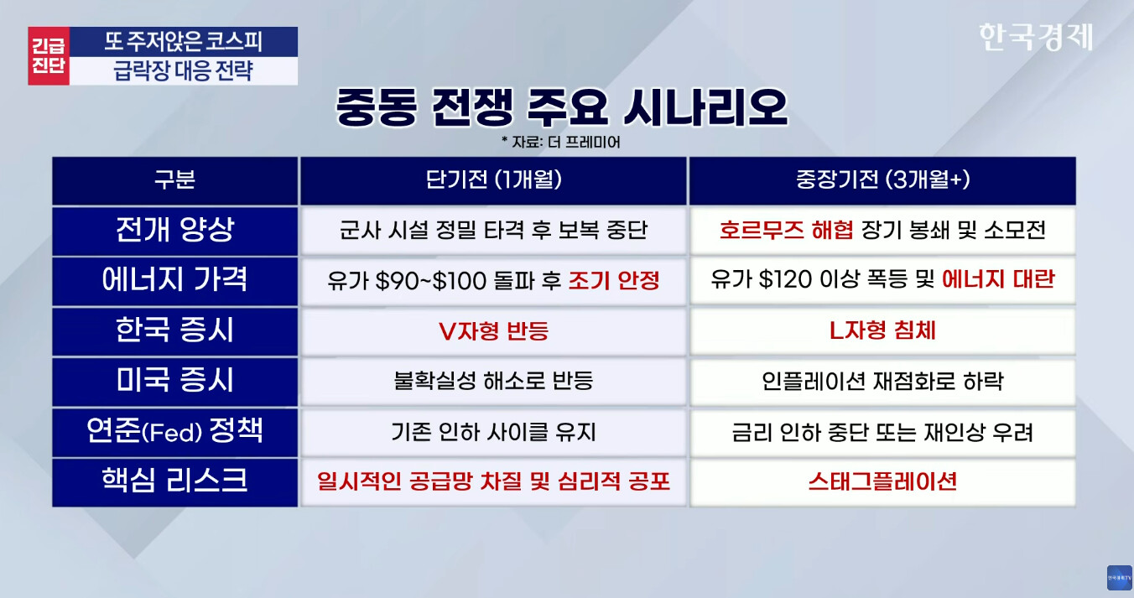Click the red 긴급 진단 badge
49,55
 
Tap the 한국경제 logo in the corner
1036,37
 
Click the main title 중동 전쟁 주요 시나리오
561,107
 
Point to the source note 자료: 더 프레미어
561,143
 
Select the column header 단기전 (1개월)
493,179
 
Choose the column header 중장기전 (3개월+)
882,179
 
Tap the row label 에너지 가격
174,280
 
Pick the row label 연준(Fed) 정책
174,431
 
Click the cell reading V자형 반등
493,331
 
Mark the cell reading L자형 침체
882,331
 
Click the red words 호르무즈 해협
786,230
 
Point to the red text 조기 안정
614,280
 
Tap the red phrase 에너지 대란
998,279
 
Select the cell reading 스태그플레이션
882,481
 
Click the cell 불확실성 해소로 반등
493,381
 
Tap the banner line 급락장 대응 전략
183,70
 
